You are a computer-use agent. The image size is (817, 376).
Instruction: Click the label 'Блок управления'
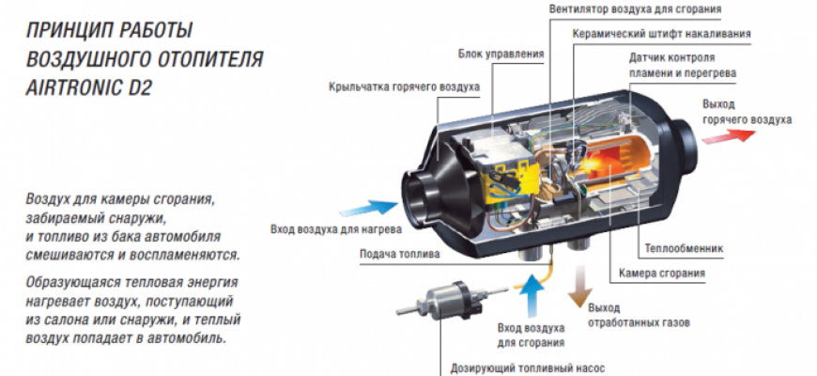pos(501,54)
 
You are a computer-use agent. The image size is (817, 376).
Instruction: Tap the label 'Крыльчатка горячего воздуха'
pos(405,86)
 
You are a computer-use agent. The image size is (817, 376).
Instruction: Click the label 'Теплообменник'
pos(683,249)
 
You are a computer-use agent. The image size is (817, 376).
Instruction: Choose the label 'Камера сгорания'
pos(662,274)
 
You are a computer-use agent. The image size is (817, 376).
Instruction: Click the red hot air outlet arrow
pos(727,134)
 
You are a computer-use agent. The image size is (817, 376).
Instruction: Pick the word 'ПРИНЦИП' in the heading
pos(64,28)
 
